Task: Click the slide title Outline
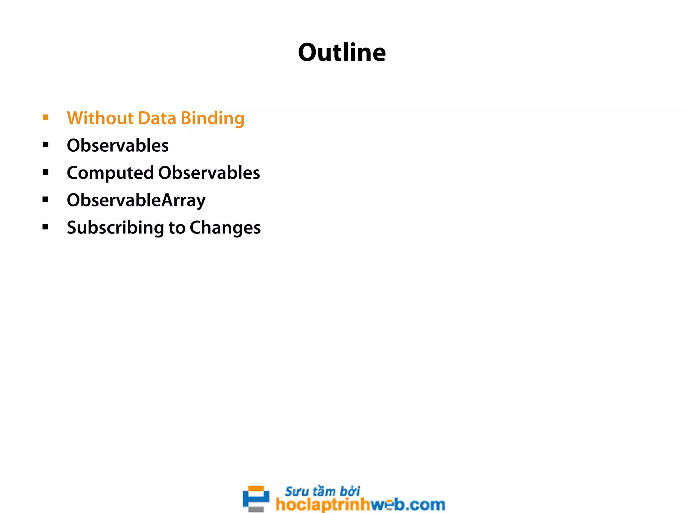342,53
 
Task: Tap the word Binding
212,119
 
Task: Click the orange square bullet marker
46,117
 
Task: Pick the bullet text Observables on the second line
118,146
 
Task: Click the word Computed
110,173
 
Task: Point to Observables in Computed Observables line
209,173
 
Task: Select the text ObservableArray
136,201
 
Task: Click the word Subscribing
115,228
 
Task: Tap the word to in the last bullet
177,228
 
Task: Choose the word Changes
225,228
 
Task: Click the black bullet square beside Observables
46,145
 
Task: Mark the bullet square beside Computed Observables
46,172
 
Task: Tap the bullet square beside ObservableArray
46,199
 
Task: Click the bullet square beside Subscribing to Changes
46,227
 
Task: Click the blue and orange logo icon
256,498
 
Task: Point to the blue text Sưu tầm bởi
322,491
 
